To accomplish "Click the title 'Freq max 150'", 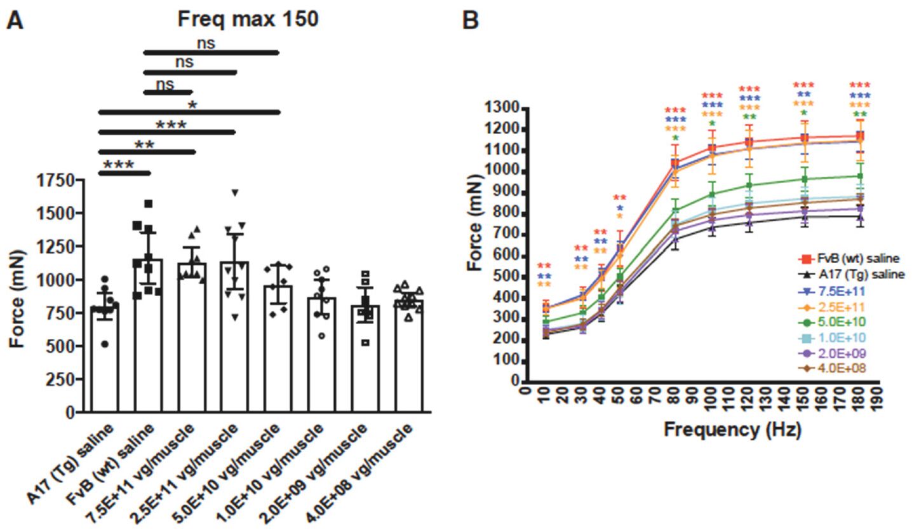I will [x=247, y=20].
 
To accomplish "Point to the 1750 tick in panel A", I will [x=57, y=181].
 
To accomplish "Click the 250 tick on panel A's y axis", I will [x=62, y=379].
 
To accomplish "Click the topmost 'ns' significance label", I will [x=205, y=43].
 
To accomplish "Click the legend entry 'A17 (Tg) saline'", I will [x=850, y=275].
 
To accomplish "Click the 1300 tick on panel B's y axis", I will [x=502, y=109].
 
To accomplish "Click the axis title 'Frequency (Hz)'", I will [x=732, y=430].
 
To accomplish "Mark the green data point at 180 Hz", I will [x=860, y=177].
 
